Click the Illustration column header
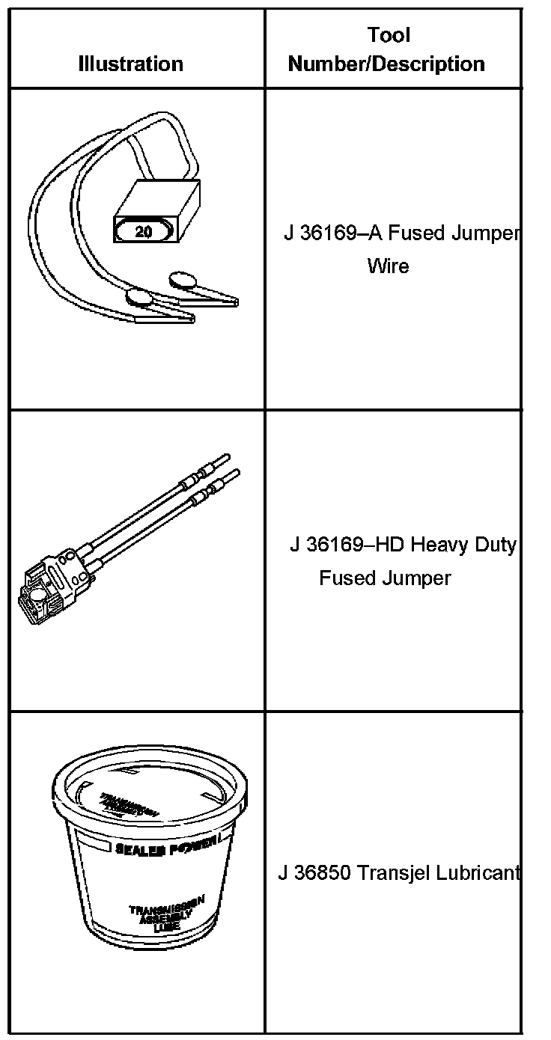pos(130,64)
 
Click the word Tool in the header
pos(389,35)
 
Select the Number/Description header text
pos(386,64)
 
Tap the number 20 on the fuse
pos(143,232)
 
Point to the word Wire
pos(388,266)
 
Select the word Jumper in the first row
pos(486,233)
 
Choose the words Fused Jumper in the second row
pos(385,578)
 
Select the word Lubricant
pos(479,873)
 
